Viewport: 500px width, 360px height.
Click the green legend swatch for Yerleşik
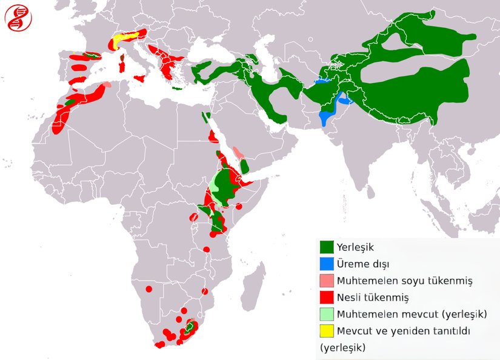[x=327, y=247]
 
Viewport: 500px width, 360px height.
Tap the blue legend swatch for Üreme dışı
[x=327, y=264]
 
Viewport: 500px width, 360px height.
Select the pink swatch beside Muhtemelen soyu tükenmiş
[x=327, y=281]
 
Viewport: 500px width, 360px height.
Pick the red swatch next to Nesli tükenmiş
[x=327, y=298]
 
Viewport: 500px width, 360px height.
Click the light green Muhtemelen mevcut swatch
[x=327, y=314]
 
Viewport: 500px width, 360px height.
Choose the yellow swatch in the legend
[x=327, y=331]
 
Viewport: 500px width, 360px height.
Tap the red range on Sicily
[x=140, y=79]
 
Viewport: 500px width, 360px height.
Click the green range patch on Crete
[x=177, y=88]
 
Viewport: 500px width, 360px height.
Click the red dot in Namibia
[x=148, y=289]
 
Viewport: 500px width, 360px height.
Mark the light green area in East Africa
[x=215, y=185]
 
